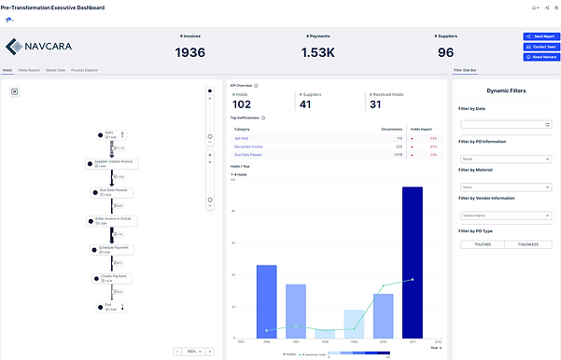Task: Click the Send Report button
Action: point(540,35)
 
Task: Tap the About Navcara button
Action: point(540,57)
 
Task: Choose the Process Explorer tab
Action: point(86,70)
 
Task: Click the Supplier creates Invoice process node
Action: point(114,163)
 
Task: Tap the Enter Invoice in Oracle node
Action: point(113,220)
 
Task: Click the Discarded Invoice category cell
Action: point(249,146)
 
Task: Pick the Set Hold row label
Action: point(241,138)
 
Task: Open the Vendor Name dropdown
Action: point(505,215)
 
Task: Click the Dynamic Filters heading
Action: point(505,90)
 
